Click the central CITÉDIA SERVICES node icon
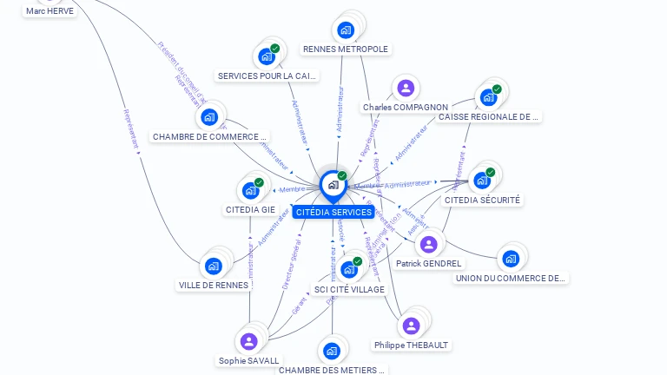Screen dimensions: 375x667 tap(333, 184)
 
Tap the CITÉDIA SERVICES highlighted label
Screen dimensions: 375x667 tap(333, 213)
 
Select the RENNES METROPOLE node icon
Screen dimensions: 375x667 tap(346, 30)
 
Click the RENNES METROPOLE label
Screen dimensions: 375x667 tap(346, 49)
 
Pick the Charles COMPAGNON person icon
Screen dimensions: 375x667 tap(405, 88)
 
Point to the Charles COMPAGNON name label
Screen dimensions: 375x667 tap(406, 108)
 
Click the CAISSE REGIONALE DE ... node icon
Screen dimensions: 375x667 tap(487, 97)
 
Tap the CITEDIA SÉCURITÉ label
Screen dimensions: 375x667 tap(483, 200)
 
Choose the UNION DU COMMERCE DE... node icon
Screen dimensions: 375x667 tap(511, 258)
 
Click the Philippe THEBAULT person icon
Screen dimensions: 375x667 tap(411, 326)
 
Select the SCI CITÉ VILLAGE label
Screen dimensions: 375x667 tap(349, 289)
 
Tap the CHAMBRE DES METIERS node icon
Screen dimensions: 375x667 tap(331, 351)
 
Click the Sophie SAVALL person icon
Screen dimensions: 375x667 tap(249, 341)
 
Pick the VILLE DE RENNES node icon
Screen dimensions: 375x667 tap(213, 266)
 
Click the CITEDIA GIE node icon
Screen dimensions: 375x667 tap(250, 190)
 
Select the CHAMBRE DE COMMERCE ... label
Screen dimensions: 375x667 tap(209, 137)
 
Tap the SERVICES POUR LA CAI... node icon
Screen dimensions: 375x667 tap(267, 56)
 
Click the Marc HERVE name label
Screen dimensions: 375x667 tap(50, 11)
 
